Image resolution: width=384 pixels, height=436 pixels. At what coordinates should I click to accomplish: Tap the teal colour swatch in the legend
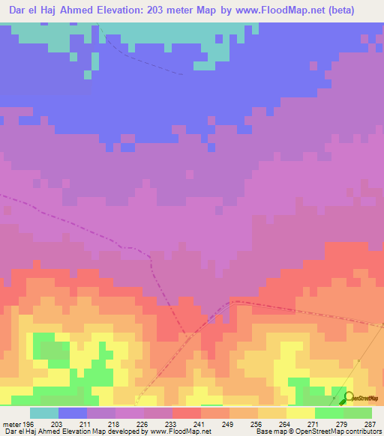pos(44,413)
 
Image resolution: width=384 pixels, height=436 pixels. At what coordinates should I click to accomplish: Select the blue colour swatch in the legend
pos(73,413)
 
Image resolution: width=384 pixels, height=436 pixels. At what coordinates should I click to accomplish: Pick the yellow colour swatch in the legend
pos(301,413)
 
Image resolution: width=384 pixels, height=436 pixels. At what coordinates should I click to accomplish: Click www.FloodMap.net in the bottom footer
pos(179,432)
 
